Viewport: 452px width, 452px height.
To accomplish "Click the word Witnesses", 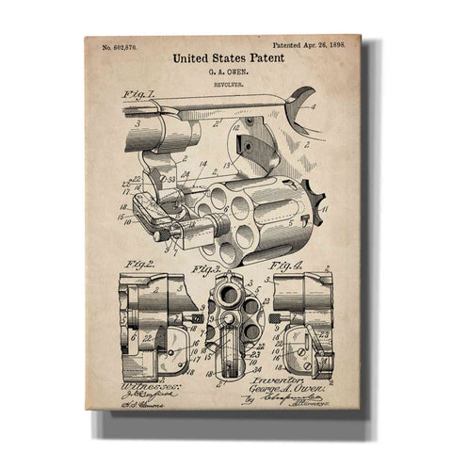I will pos(133,387).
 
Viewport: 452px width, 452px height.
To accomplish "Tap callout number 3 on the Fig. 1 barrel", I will pos(137,123).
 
